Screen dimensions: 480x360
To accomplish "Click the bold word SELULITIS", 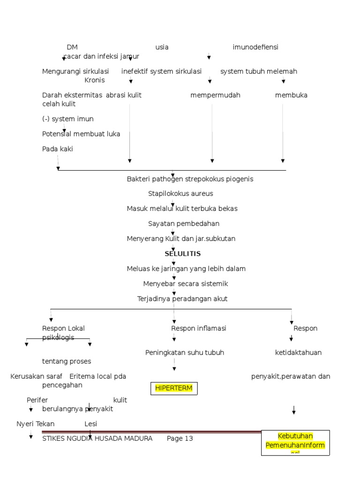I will point(182,254).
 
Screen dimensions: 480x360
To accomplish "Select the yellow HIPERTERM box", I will point(174,389).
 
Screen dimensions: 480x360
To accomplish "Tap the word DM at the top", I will point(72,47).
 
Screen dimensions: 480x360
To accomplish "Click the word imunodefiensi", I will point(255,47).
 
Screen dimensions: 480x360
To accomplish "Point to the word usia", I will point(162,47).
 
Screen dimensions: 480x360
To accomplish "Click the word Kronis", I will point(95,80).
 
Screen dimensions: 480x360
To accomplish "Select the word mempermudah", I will point(215,95).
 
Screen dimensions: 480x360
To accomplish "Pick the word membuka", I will point(291,95).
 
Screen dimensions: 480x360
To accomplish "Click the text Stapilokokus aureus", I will point(180,194).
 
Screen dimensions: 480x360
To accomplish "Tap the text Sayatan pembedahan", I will point(184,224).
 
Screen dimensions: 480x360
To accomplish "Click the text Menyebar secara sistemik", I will point(186,284).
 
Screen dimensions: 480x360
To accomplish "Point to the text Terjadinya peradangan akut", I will point(182,299).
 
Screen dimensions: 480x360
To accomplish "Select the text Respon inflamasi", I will point(199,328).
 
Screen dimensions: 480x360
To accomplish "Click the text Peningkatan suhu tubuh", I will point(185,352).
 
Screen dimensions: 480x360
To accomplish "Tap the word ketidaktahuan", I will point(298,352).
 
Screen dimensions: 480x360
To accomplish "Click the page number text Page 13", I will point(180,439).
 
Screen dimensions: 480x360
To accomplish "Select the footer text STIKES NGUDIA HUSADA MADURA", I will point(97,439).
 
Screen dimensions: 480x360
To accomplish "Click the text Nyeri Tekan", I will point(36,424).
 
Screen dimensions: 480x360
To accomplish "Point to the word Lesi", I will point(90,424).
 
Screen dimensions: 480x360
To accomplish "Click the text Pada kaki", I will point(58,149).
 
